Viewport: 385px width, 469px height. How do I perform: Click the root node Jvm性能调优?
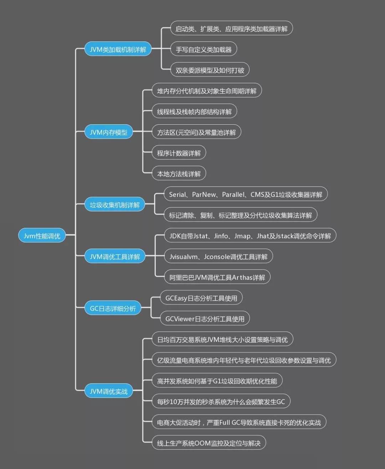click(x=42, y=236)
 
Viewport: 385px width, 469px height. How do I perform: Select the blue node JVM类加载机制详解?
click(x=118, y=49)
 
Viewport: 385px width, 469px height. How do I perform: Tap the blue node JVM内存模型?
click(x=108, y=132)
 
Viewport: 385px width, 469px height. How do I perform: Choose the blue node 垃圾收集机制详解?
click(x=114, y=205)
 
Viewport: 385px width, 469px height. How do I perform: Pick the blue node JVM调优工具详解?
click(x=115, y=256)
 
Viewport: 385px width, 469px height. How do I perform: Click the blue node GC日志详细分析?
click(x=113, y=308)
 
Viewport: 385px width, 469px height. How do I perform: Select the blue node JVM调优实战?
click(x=108, y=391)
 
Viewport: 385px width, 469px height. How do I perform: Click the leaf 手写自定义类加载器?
click(x=204, y=49)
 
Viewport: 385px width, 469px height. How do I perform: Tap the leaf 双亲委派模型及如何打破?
click(x=210, y=70)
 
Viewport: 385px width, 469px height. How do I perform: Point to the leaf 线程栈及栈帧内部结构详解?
click(x=194, y=111)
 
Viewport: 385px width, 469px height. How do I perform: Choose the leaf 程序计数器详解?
click(x=179, y=153)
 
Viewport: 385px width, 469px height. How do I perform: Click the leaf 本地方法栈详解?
click(x=179, y=174)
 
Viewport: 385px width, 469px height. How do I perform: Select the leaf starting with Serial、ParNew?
click(x=246, y=194)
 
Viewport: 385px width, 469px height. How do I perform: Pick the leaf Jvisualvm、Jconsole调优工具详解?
click(x=218, y=256)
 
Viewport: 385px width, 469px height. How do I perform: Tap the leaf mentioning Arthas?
click(x=217, y=277)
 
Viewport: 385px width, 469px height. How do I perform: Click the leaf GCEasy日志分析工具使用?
click(x=201, y=298)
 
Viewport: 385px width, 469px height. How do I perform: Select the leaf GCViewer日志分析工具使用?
click(x=205, y=319)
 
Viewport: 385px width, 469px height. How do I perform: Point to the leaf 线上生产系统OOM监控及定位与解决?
click(x=209, y=443)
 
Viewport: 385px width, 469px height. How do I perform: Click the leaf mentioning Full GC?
click(x=239, y=422)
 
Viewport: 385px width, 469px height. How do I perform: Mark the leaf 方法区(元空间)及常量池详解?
click(x=196, y=132)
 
